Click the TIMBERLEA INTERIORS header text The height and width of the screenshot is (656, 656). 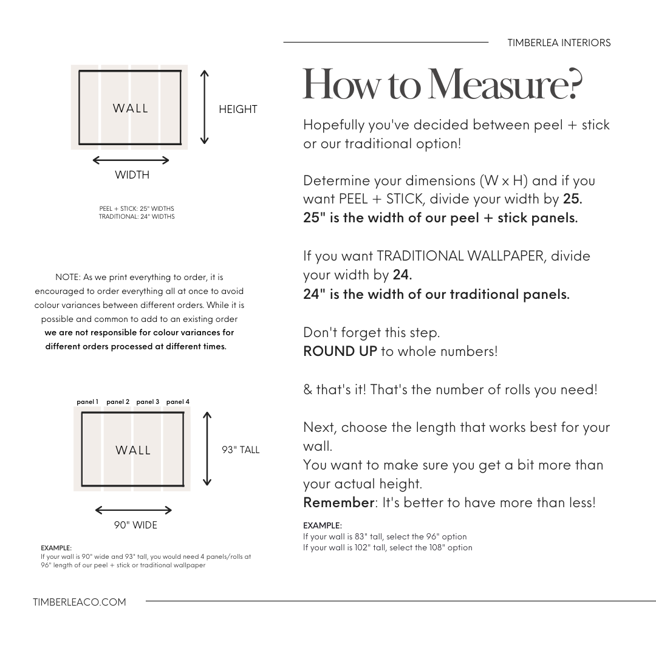pos(559,43)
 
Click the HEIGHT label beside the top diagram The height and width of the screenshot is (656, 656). pos(237,109)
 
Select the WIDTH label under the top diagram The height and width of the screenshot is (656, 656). pos(132,175)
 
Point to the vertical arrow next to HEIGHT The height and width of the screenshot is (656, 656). pos(205,107)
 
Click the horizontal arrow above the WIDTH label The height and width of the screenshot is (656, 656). pos(131,160)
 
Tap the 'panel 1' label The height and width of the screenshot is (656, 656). pos(87,401)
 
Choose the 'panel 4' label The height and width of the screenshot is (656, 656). pos(178,401)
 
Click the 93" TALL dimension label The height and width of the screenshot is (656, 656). pos(241,450)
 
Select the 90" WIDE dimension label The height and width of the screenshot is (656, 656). pos(135,525)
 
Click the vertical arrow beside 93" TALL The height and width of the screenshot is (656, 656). pos(207,449)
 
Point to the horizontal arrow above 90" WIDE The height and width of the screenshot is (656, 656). pos(134,510)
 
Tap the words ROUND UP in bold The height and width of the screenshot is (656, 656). pos(340,351)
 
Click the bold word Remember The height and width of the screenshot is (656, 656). pos(338,502)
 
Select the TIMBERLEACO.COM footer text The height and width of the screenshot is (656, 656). pos(80,602)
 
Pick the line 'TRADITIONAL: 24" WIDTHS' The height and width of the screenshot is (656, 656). pos(137,216)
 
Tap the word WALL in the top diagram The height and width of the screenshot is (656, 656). pos(131,108)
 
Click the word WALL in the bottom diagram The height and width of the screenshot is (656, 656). pos(133,450)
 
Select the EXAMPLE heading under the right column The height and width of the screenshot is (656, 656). pos(322,525)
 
